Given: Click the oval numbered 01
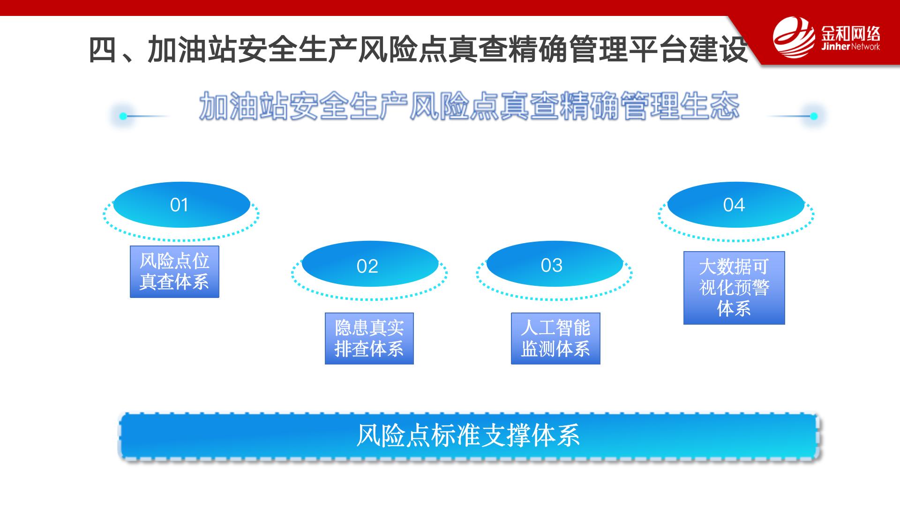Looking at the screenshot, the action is (181, 205).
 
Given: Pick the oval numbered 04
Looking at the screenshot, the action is (736, 205).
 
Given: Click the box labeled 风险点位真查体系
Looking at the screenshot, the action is (174, 272).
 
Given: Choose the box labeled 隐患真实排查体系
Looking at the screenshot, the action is (369, 339).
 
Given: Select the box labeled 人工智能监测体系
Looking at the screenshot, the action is (555, 339).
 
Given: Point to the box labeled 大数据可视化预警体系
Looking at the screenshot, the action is (734, 288).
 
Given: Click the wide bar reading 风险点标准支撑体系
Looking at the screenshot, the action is (469, 436).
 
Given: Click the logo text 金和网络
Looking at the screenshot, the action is (850, 33).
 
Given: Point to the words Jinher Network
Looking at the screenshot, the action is (850, 47).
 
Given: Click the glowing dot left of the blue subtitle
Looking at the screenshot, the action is (123, 116).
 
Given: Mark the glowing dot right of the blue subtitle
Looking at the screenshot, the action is (814, 116).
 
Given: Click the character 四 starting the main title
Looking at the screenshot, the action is (103, 50).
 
